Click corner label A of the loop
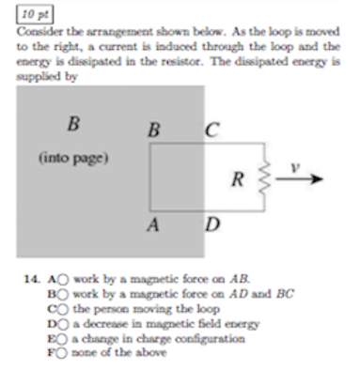click(x=151, y=226)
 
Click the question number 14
click(x=32, y=280)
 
